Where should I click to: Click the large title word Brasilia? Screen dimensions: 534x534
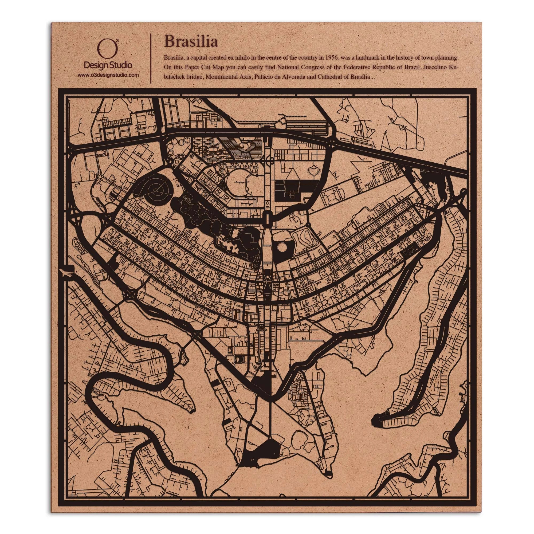click(x=191, y=41)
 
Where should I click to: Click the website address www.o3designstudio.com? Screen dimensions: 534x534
click(x=108, y=75)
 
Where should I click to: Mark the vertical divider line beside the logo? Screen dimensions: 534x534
click(x=150, y=58)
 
